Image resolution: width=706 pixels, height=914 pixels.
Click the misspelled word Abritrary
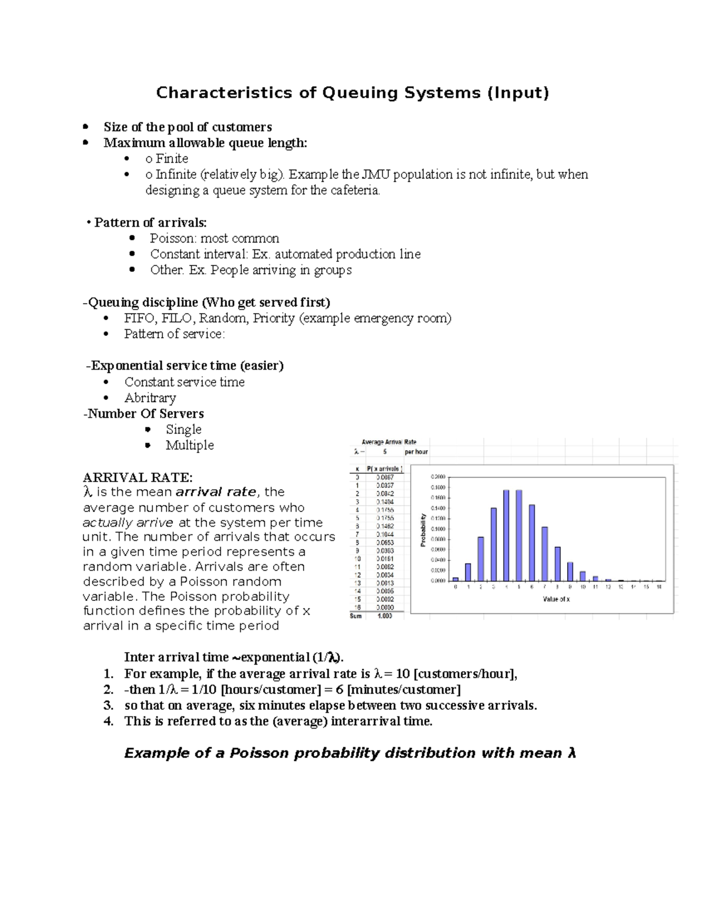(150, 398)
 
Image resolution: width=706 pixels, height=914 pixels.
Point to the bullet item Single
(184, 430)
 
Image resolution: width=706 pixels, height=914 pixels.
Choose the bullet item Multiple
(189, 446)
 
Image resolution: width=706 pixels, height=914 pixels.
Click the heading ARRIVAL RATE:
(138, 477)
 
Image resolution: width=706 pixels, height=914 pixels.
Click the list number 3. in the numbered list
(108, 706)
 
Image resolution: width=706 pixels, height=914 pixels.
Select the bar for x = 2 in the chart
(481, 559)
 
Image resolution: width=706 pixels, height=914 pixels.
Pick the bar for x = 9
(570, 571)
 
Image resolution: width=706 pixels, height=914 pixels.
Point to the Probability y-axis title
(422, 530)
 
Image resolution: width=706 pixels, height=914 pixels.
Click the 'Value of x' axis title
(556, 599)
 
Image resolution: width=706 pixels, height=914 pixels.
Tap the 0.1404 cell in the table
(385, 502)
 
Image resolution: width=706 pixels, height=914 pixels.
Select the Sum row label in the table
(356, 616)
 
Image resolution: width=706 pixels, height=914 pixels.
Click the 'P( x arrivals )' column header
(385, 469)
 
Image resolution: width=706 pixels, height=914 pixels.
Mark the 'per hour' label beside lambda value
(417, 452)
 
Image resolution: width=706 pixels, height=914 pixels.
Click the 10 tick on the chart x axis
(582, 587)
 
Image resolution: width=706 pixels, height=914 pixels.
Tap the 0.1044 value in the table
(385, 534)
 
